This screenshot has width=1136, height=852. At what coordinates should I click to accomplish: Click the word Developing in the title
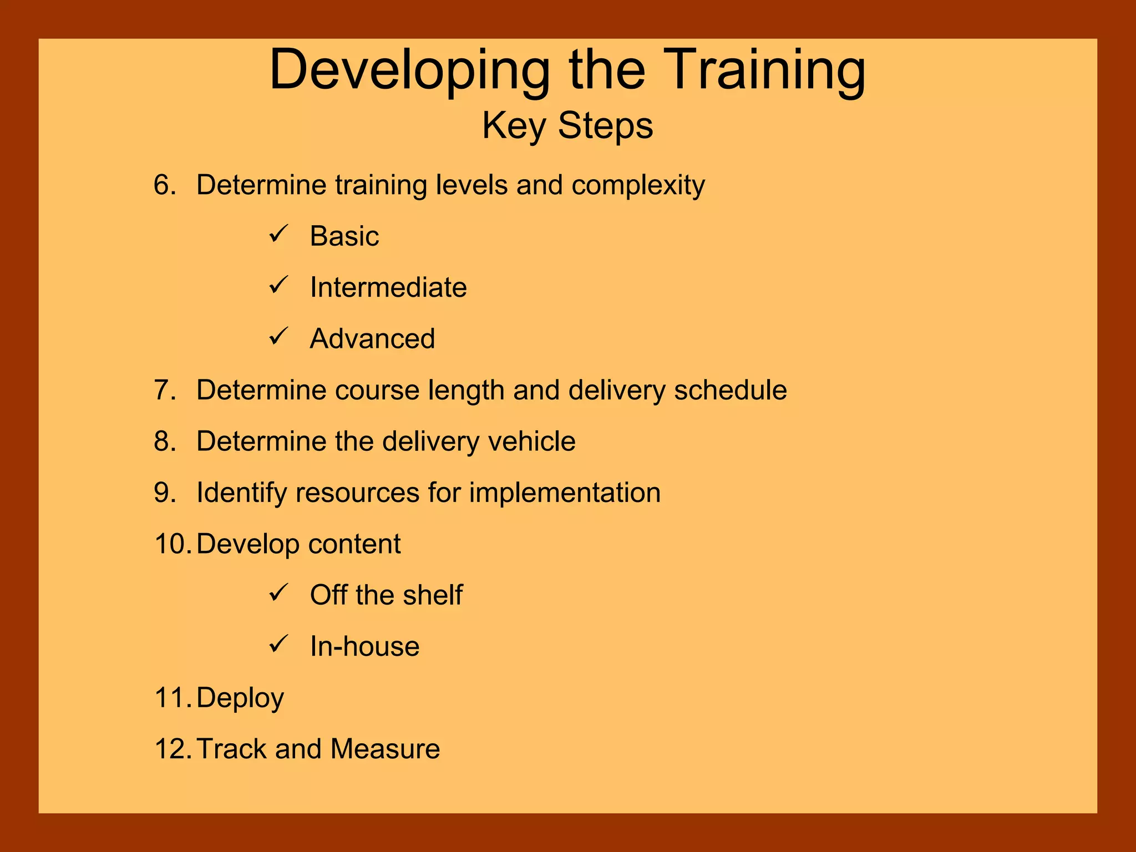pos(409,71)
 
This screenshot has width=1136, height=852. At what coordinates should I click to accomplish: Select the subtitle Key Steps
pos(567,125)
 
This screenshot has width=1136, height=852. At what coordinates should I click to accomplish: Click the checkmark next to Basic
pos(278,234)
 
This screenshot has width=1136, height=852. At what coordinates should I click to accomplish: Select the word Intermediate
pos(388,287)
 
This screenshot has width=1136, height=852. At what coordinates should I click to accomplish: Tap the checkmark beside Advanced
pos(278,337)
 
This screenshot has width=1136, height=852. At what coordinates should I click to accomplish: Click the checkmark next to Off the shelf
pos(278,593)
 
